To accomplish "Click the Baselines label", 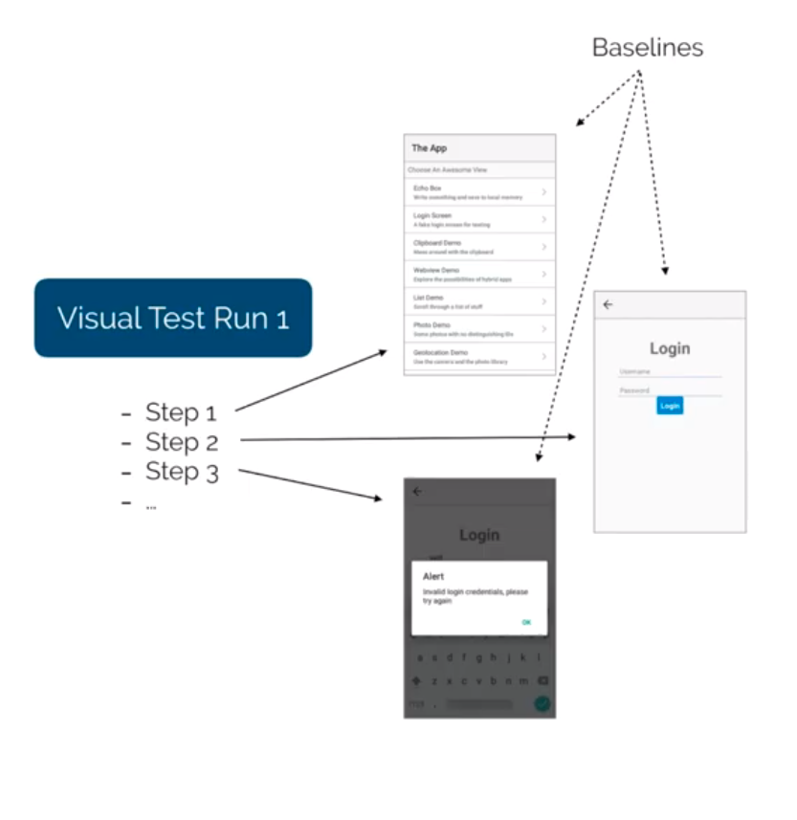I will [x=648, y=47].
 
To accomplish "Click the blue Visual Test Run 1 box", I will [x=173, y=318].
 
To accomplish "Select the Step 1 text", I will [x=181, y=412].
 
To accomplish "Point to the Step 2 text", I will [x=182, y=442].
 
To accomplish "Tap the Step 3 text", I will [x=182, y=472].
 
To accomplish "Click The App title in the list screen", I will [x=430, y=148].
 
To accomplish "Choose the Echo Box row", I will [x=478, y=192].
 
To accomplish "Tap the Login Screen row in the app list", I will [x=478, y=219].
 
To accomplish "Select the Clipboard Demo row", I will [x=478, y=247].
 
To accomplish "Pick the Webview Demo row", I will [x=478, y=274].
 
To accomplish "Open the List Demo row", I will [x=478, y=301].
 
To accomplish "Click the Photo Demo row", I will [x=478, y=329].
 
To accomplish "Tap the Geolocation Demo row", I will [x=478, y=357].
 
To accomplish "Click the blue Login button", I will [x=670, y=406].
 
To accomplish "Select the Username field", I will [x=670, y=371].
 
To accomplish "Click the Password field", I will [x=670, y=390].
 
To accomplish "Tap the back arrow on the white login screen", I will [x=608, y=305].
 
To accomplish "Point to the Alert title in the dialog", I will [x=433, y=577].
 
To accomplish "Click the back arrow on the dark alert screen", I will [x=416, y=492].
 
